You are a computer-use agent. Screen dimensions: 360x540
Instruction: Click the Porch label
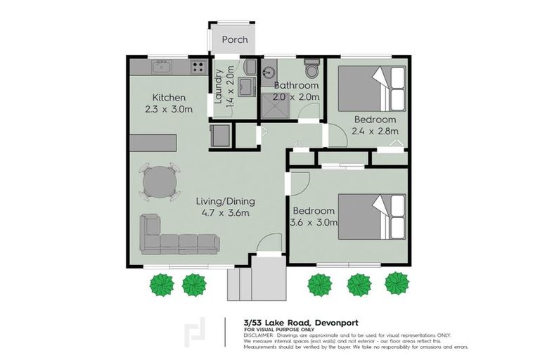[x=234, y=40]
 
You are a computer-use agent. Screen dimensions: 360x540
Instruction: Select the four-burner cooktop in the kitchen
[x=198, y=68]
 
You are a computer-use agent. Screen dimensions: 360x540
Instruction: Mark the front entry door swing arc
[x=267, y=245]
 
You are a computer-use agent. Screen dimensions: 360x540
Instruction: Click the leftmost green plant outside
[x=162, y=284]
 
